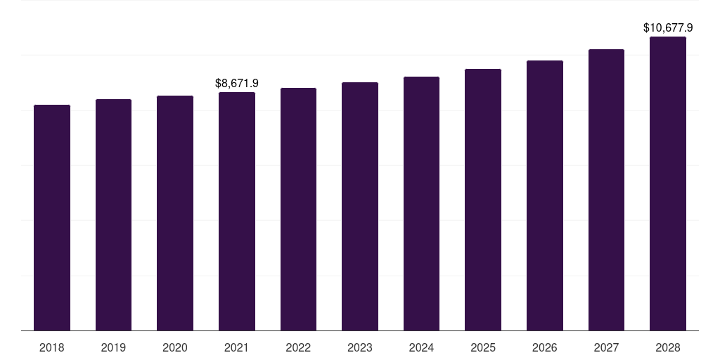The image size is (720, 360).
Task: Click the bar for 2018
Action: (x=52, y=218)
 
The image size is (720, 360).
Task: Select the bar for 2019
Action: (x=113, y=215)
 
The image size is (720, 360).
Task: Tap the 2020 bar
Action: (x=175, y=213)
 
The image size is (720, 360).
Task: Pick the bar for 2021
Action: (x=237, y=211)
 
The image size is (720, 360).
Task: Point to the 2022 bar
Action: (x=298, y=209)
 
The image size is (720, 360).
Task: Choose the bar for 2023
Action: (x=360, y=206)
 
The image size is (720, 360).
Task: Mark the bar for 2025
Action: (x=483, y=200)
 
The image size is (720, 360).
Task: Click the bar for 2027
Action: (x=606, y=190)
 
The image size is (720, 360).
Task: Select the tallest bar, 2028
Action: (x=668, y=184)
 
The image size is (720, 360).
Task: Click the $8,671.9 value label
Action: (x=237, y=83)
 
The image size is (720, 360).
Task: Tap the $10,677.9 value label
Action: (x=668, y=27)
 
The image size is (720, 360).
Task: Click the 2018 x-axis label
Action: (x=52, y=347)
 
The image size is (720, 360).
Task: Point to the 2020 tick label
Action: (x=175, y=347)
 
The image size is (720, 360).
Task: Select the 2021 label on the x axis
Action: (x=236, y=347)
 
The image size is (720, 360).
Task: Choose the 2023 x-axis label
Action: (x=360, y=347)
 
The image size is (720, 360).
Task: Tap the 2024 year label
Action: (x=422, y=347)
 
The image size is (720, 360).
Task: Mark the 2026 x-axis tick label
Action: (x=545, y=347)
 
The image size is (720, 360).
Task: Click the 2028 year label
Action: (x=668, y=347)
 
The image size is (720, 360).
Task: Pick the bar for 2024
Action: (x=422, y=203)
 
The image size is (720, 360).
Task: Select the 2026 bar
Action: (x=545, y=195)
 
